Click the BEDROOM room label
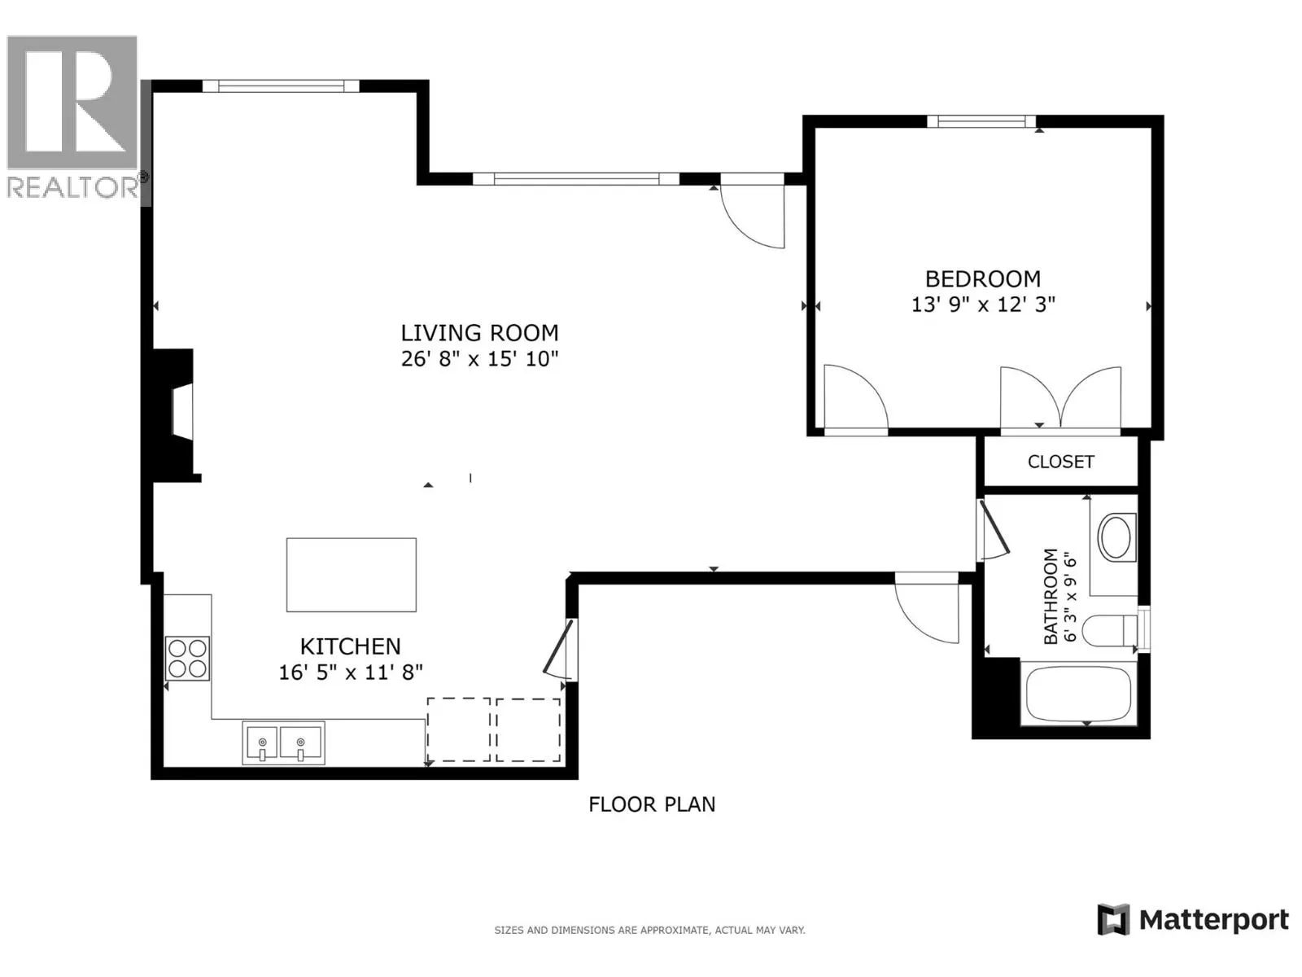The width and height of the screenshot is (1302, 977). [982, 278]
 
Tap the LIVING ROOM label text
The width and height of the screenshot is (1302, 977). [479, 333]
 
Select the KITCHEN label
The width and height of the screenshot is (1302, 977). [350, 646]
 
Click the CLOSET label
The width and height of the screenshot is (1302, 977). [1060, 462]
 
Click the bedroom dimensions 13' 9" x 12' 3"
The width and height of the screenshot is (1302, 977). [983, 304]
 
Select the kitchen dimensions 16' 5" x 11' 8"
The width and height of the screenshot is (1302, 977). [351, 673]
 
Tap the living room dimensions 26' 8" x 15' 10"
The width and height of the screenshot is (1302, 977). [479, 359]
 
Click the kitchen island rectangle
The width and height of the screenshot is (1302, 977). [352, 574]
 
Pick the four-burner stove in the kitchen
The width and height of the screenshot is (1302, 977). [187, 659]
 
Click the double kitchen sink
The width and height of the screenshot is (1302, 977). [283, 743]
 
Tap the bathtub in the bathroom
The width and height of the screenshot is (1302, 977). [1078, 694]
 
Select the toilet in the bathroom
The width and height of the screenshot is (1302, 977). [1109, 630]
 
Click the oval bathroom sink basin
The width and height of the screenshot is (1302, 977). [1116, 537]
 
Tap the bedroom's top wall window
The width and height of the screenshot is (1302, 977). [981, 121]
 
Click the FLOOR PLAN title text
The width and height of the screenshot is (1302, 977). [652, 804]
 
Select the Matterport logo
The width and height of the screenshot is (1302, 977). [1192, 920]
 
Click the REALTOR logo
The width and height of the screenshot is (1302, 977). [73, 117]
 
